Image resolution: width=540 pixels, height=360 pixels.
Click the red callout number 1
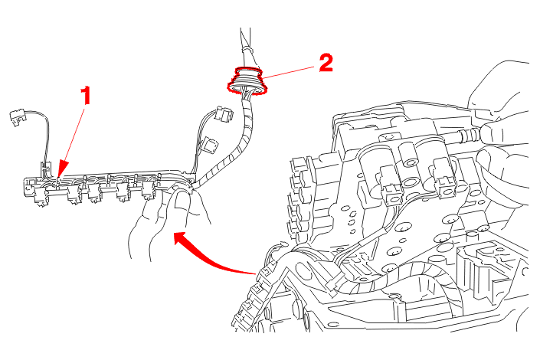(x=86, y=96)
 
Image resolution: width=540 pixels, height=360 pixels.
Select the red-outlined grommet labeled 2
(x=247, y=81)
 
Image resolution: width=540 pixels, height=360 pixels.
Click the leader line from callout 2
(x=289, y=72)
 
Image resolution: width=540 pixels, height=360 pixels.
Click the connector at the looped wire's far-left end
(x=18, y=116)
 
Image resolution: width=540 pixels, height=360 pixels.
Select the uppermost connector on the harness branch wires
(x=223, y=113)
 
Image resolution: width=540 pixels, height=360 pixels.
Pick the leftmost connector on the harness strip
(x=41, y=196)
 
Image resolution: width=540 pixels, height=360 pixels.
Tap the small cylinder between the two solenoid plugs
(x=408, y=154)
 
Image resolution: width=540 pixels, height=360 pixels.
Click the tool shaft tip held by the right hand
(x=468, y=135)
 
